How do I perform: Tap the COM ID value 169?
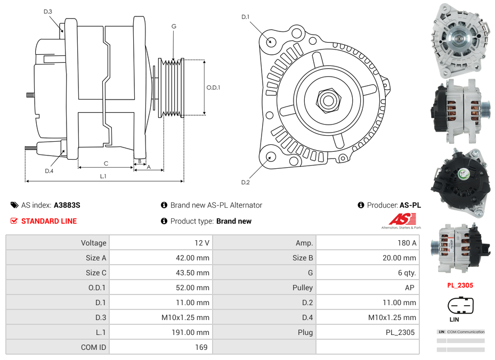[x=201, y=347]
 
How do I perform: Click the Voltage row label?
[x=93, y=243]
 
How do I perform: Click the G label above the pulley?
[x=174, y=26]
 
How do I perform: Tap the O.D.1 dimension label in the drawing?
[x=213, y=87]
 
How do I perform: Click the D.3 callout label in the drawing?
[x=48, y=11]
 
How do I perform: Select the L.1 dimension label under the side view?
[x=103, y=176]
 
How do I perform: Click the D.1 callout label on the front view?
[x=245, y=17]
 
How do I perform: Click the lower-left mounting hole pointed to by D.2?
[x=270, y=157]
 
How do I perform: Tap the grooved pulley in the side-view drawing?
[x=172, y=87]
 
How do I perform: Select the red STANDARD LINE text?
[x=48, y=221]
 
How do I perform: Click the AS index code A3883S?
[x=67, y=205]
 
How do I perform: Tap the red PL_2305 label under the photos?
[x=460, y=285]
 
